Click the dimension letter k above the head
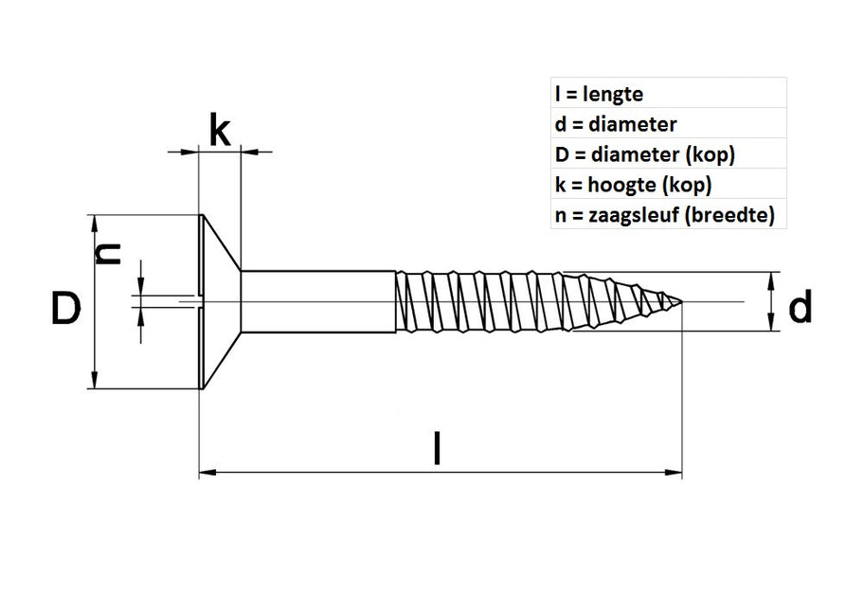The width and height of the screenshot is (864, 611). pyautogui.click(x=219, y=131)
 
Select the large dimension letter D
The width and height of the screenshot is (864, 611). pyautogui.click(x=64, y=310)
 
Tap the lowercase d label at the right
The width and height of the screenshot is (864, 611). pyautogui.click(x=801, y=307)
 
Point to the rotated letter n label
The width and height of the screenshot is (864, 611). pyautogui.click(x=111, y=253)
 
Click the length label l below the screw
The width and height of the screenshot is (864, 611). pyautogui.click(x=437, y=448)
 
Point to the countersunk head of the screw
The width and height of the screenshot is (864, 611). pyautogui.click(x=220, y=302)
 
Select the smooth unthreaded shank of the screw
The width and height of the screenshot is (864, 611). pyautogui.click(x=317, y=302)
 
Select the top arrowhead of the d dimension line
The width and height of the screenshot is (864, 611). pyautogui.click(x=774, y=279)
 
